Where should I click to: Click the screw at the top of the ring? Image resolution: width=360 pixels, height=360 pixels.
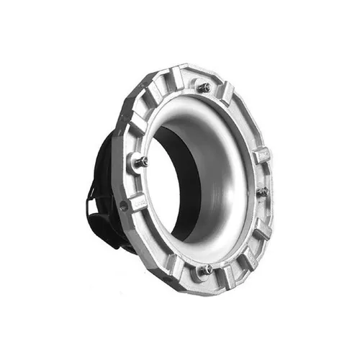[x=204, y=87]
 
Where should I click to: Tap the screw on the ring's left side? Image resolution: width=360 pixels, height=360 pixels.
[x=141, y=161]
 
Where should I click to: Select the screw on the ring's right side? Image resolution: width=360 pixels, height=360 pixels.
[x=263, y=192]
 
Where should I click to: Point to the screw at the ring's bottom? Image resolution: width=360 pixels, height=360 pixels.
[x=204, y=270]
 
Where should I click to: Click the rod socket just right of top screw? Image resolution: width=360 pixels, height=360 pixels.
[x=228, y=92]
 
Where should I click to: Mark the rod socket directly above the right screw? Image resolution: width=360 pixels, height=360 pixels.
[x=261, y=155]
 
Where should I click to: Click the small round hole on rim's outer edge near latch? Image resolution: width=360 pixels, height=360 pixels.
[x=124, y=207]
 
